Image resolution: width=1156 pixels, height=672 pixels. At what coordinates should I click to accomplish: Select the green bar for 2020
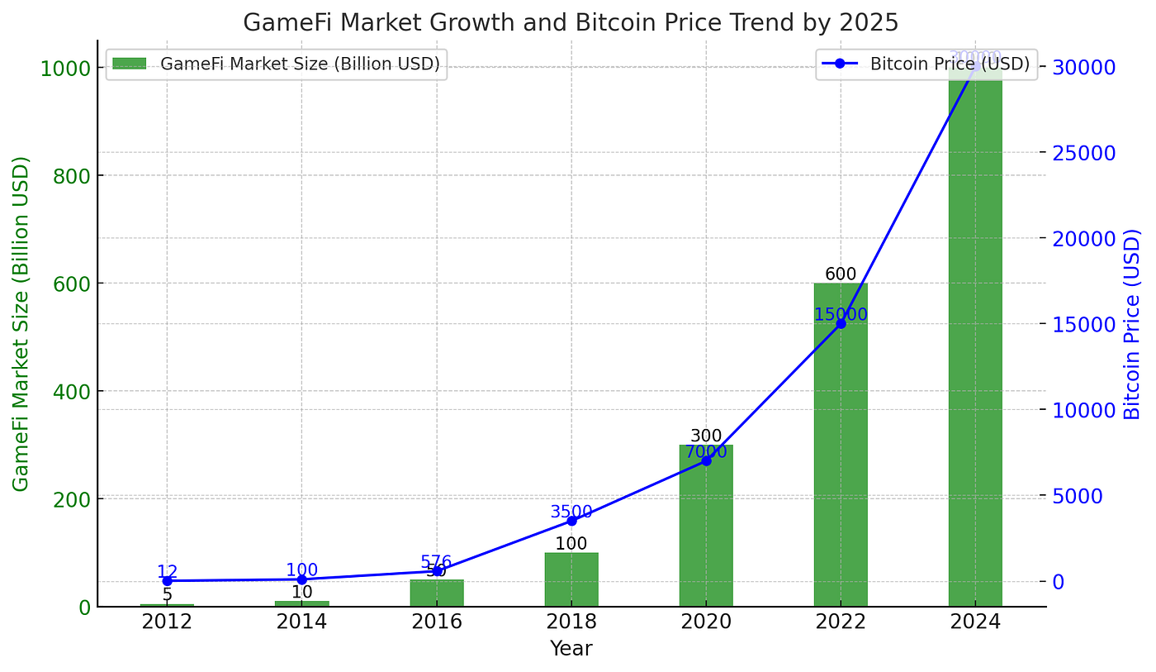click(706, 529)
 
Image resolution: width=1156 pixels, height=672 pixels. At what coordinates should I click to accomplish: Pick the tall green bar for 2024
click(975, 347)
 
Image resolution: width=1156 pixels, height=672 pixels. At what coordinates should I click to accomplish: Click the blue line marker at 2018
click(571, 521)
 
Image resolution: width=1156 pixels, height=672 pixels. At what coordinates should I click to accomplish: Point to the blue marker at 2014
click(301, 579)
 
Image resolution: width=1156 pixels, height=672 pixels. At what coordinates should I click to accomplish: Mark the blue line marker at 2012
click(167, 581)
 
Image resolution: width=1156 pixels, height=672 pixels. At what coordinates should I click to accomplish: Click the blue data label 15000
click(841, 315)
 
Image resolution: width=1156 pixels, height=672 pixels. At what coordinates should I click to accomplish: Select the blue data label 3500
click(571, 512)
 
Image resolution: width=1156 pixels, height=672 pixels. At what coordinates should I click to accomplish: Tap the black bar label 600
click(841, 274)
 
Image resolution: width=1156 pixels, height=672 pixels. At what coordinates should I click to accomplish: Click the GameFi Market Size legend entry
click(276, 64)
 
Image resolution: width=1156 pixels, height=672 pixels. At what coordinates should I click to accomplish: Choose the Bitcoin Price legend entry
click(926, 64)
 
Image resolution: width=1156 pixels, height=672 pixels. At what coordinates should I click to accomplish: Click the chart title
click(571, 22)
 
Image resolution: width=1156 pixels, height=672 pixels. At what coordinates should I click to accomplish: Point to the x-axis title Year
click(571, 649)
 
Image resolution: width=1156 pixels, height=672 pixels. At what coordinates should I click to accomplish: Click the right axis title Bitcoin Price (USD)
click(1132, 324)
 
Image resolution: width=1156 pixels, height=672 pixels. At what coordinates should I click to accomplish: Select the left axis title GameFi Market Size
click(21, 324)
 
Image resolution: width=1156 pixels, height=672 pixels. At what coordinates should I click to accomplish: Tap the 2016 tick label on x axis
click(436, 622)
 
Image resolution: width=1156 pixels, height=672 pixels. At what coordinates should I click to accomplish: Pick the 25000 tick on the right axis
click(1082, 153)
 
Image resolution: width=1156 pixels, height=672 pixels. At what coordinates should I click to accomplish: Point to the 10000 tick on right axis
click(1082, 410)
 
